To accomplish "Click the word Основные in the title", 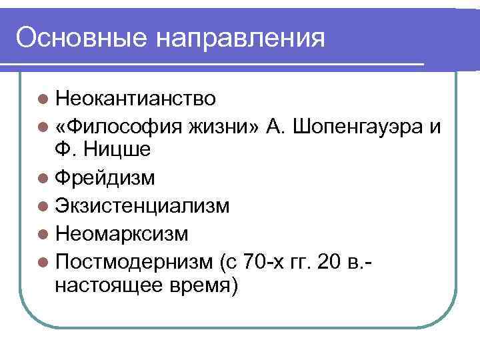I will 82,37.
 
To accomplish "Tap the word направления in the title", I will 242,37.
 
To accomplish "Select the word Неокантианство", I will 136,99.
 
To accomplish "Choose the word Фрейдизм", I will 107,178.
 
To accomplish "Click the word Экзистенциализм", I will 143,206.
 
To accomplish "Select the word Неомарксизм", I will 122,234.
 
